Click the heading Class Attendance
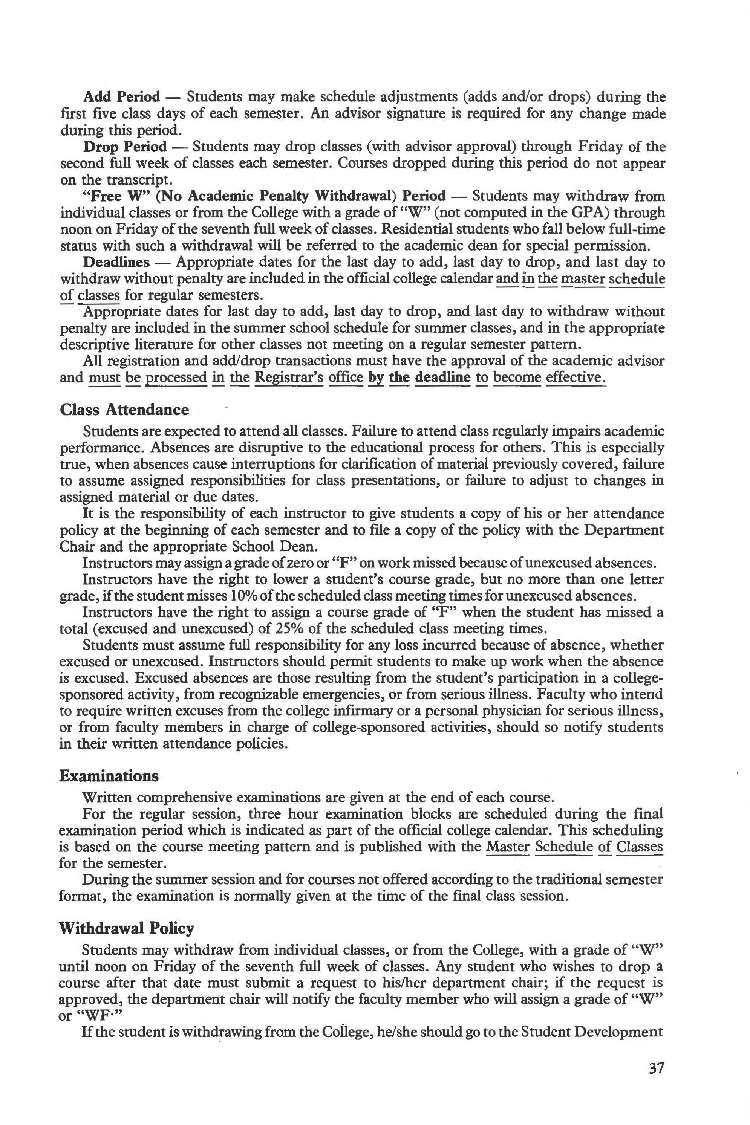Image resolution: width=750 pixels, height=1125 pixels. click(124, 410)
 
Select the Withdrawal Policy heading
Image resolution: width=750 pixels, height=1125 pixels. click(126, 928)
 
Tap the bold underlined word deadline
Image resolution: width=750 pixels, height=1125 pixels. click(442, 377)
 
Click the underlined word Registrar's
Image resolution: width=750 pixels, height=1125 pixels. click(289, 377)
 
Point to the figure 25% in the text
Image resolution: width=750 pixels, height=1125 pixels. click(270, 629)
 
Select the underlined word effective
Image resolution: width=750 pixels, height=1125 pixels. click(576, 377)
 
